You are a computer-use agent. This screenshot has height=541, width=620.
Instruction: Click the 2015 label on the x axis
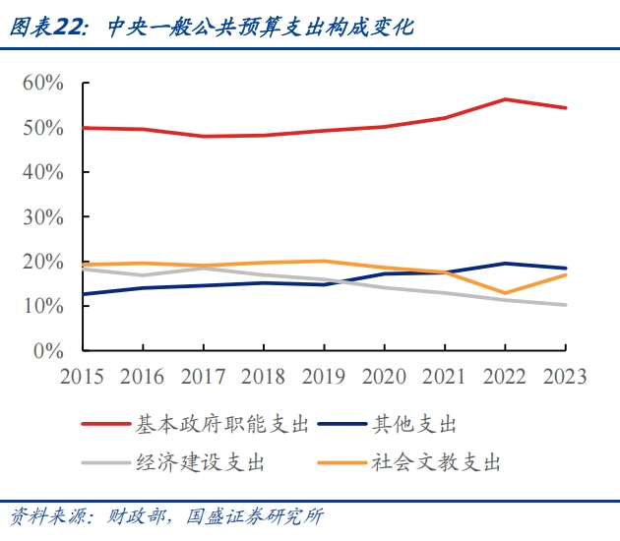(x=83, y=377)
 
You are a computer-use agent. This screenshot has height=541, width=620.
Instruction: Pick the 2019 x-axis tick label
(x=324, y=377)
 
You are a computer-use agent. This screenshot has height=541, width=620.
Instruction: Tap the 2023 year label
(x=565, y=377)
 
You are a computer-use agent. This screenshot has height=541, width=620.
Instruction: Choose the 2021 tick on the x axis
(x=444, y=377)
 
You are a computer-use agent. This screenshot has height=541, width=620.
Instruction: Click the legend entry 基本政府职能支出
(x=221, y=425)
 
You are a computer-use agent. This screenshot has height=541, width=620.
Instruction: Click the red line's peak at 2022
(x=505, y=99)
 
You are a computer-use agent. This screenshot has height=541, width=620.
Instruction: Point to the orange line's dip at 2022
(x=505, y=293)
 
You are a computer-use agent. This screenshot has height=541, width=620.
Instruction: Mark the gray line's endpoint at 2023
(x=565, y=305)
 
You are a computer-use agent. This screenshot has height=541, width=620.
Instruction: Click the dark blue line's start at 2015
(x=84, y=294)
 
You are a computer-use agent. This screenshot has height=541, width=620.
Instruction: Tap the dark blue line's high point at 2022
(x=505, y=264)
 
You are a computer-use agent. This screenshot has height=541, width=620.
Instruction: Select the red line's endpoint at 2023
(x=565, y=108)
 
